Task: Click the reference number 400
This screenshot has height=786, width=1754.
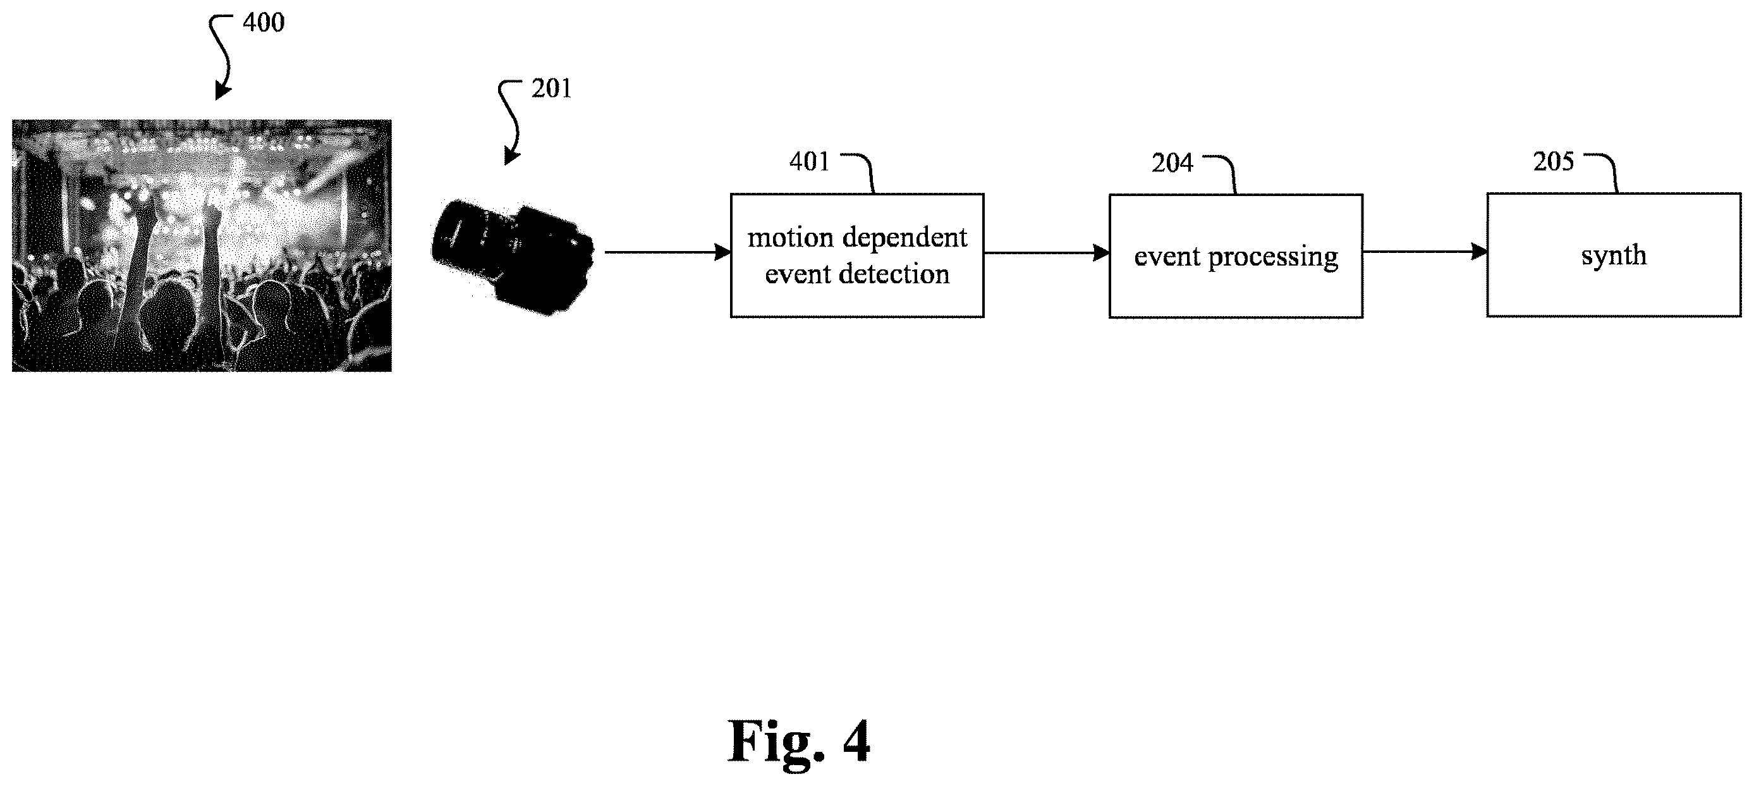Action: tap(264, 23)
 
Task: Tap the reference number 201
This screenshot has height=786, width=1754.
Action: tap(552, 89)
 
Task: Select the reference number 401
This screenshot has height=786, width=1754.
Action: tap(810, 161)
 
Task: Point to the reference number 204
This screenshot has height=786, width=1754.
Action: tap(1172, 163)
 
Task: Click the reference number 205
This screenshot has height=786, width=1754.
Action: tap(1553, 161)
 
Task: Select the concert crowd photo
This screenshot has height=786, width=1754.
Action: tap(202, 245)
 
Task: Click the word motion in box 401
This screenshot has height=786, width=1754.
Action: tap(791, 237)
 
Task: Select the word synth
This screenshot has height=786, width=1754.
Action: tap(1614, 255)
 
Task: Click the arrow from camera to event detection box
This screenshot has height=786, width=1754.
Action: tap(668, 253)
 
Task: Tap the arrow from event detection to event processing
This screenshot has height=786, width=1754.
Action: tap(1047, 253)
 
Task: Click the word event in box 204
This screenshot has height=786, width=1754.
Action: tap(1167, 257)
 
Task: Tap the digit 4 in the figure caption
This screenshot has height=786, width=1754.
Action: tap(856, 740)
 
